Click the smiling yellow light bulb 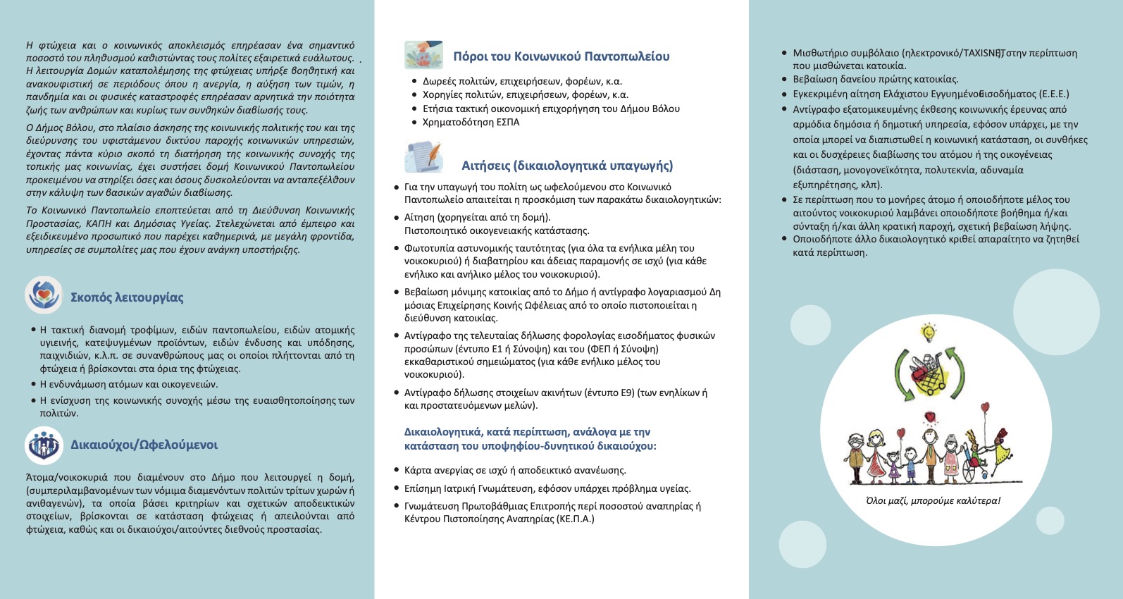point(929,331)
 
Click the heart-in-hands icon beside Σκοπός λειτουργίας point(44,295)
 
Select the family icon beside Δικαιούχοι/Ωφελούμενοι point(44,445)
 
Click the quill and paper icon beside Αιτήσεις point(424,157)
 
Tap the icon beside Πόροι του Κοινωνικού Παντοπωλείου point(424,55)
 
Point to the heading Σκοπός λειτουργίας point(127,297)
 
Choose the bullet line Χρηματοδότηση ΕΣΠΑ point(471,123)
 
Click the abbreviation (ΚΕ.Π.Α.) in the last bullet point(575,519)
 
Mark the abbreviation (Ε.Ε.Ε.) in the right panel point(1050,94)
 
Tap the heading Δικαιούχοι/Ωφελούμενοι point(144,445)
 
